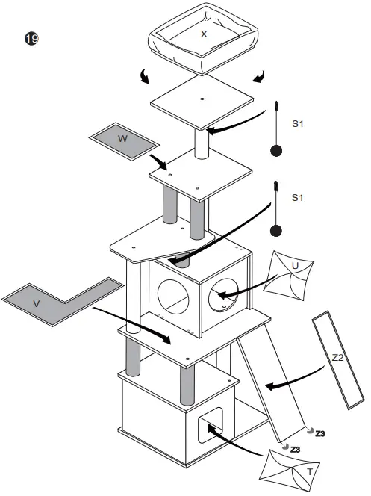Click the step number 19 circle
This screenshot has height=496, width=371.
point(31,39)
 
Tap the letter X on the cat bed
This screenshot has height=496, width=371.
point(204,34)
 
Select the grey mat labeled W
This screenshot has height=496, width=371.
point(125,139)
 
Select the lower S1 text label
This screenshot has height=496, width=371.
point(297,198)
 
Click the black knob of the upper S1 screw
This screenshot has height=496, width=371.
point(276,150)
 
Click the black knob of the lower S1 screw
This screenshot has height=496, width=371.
point(276,231)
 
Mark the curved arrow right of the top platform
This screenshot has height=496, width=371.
point(258,77)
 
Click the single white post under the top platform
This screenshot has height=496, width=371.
point(201,144)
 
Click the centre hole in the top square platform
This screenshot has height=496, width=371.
point(202,100)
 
